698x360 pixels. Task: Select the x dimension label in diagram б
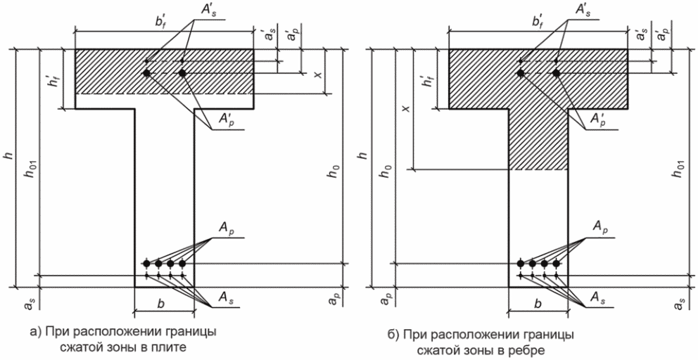point(405,108)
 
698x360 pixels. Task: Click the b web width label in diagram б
point(538,305)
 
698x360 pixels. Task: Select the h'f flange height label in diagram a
point(55,78)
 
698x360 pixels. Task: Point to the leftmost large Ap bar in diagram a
point(146,264)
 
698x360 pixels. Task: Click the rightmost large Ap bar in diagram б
point(556,264)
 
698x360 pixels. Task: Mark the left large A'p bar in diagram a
point(146,73)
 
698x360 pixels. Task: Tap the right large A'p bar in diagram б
point(556,73)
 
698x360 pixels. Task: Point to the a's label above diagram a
point(269,34)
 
